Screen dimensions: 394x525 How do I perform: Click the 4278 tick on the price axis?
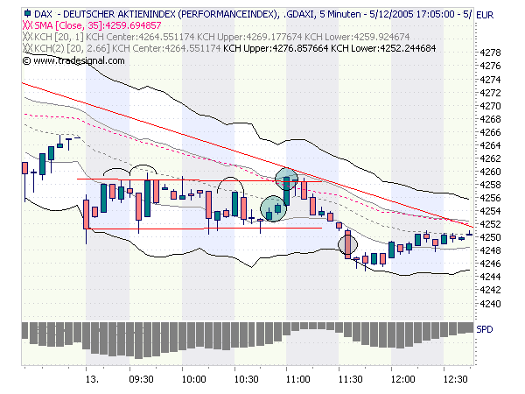[491, 53]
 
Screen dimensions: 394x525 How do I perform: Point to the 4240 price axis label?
[491, 304]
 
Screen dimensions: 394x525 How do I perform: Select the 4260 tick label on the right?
[491, 172]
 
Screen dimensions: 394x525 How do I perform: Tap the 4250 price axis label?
[491, 237]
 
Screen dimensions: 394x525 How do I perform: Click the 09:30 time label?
[142, 380]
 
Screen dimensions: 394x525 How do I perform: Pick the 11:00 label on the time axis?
[298, 380]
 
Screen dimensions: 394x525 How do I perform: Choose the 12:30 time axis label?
[454, 380]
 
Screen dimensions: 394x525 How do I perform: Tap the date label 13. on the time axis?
[91, 380]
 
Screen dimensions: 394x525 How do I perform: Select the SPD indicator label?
[485, 328]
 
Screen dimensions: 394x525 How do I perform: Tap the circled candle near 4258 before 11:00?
[287, 180]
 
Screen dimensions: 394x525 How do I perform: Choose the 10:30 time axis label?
[247, 380]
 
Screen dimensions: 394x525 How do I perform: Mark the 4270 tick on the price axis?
[491, 105]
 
